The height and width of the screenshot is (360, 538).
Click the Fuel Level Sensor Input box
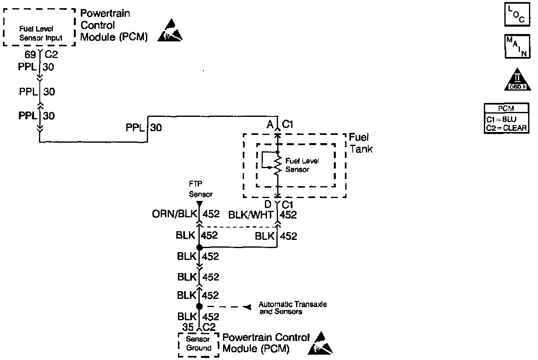pos(40,33)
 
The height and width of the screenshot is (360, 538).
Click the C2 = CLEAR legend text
pos(506,128)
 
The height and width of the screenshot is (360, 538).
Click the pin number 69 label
pos(31,54)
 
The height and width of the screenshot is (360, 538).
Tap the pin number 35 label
pos(188,326)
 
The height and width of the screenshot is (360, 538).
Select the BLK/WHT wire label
pos(251,214)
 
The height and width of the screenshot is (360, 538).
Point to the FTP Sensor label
pos(201,189)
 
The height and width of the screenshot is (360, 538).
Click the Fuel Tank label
pos(361,144)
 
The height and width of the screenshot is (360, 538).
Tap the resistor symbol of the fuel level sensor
pos(278,166)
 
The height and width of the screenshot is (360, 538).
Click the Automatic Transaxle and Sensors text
pos(292,308)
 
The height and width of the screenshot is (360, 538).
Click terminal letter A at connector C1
pos(270,125)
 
